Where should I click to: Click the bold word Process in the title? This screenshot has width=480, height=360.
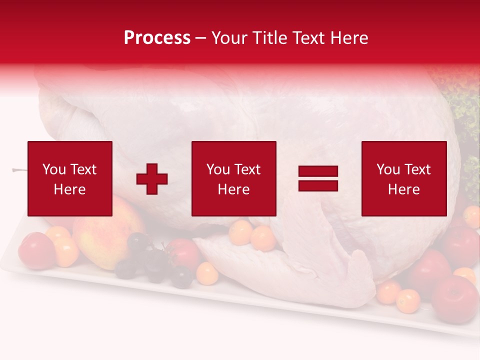tap(157, 38)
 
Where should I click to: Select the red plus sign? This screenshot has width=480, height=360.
tap(152, 179)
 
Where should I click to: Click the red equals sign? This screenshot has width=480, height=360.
tap(318, 179)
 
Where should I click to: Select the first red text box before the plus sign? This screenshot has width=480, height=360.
tap(70, 178)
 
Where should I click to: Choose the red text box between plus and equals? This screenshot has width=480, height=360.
tap(233, 178)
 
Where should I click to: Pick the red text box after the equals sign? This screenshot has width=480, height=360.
tap(403, 178)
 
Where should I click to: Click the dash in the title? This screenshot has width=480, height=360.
tap(200, 38)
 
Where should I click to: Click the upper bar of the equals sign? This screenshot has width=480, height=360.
tap(318, 172)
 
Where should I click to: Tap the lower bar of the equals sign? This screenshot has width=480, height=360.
tap(318, 185)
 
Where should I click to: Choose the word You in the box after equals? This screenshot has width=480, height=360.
tap(388, 169)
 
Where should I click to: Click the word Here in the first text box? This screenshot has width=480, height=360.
tap(69, 189)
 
